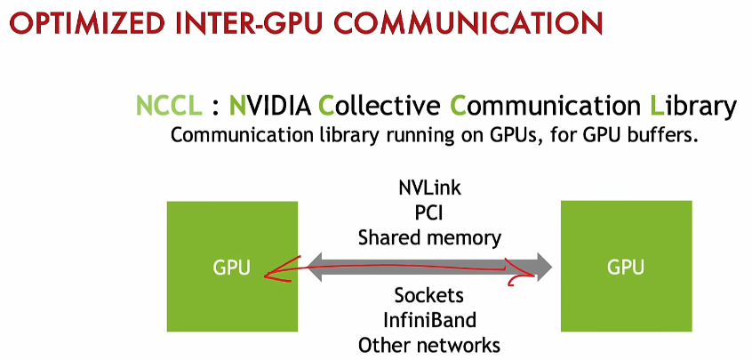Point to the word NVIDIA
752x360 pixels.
click(x=269, y=107)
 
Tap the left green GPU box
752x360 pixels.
click(x=232, y=267)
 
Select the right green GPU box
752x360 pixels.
click(x=626, y=267)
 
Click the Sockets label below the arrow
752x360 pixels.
click(x=429, y=295)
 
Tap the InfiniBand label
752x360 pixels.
click(x=429, y=319)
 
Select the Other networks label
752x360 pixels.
click(x=429, y=344)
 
